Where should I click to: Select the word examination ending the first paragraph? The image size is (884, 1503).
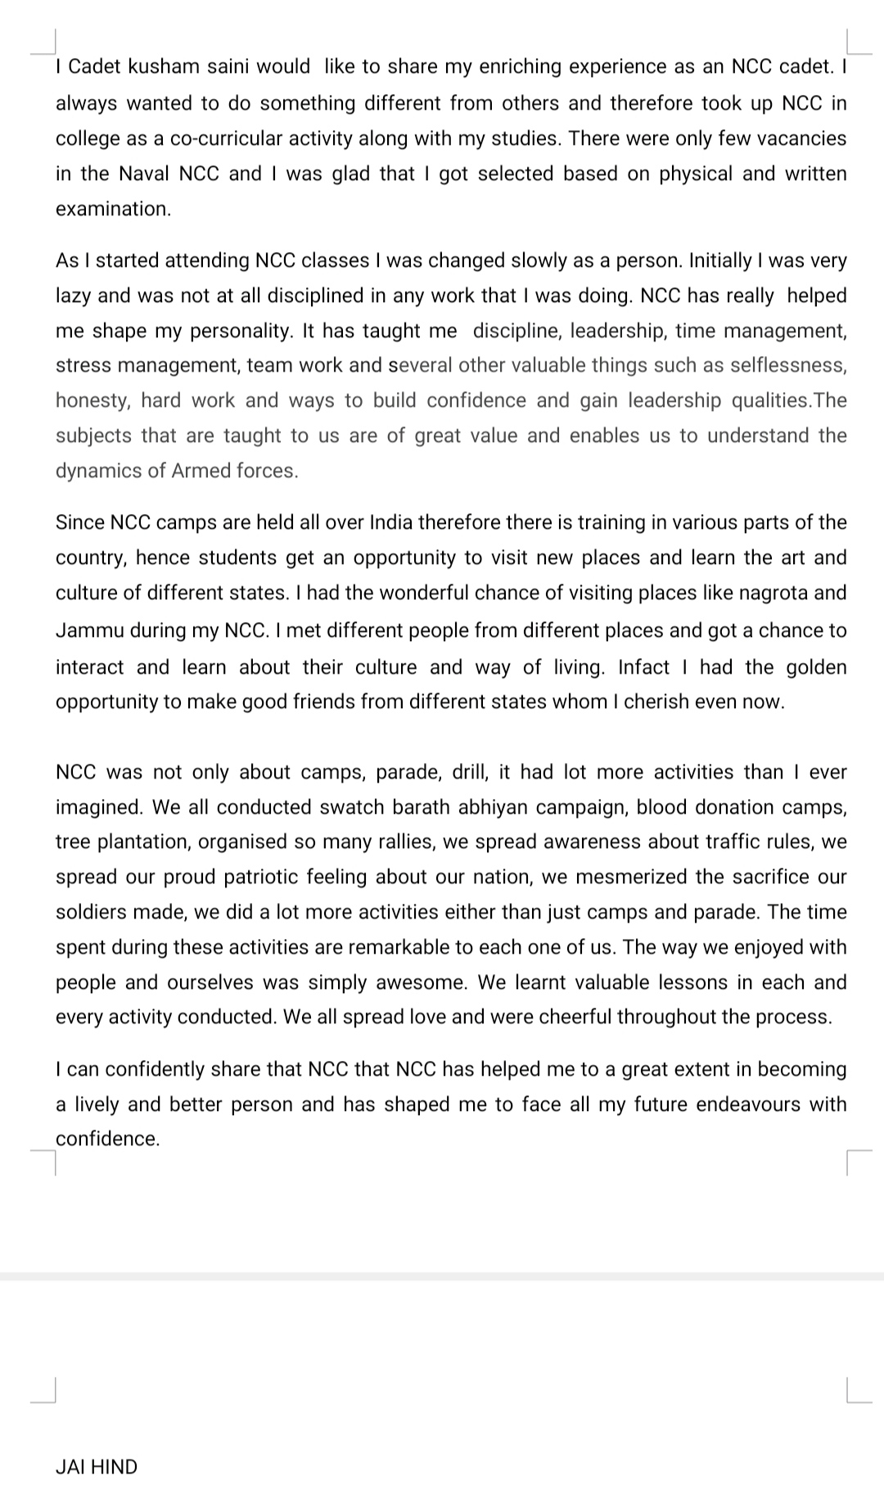(x=113, y=209)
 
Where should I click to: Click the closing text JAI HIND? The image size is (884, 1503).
(x=96, y=1467)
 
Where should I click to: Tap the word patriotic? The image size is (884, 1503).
(x=262, y=877)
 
